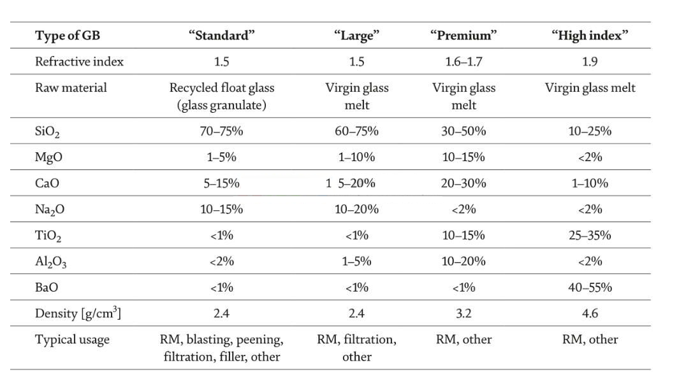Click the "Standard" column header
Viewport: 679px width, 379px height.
pyautogui.click(x=221, y=35)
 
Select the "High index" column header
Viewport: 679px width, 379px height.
pyautogui.click(x=589, y=35)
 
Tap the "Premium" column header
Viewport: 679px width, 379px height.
pyautogui.click(x=464, y=35)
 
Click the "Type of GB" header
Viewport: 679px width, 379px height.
pyautogui.click(x=68, y=36)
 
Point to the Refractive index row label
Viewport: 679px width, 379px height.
pyautogui.click(x=79, y=61)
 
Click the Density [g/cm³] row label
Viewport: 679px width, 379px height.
pyautogui.click(x=78, y=313)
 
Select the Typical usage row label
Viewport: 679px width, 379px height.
pyautogui.click(x=72, y=340)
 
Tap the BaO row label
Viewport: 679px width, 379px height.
pyautogui.click(x=47, y=287)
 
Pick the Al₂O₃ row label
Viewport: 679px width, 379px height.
pyautogui.click(x=50, y=262)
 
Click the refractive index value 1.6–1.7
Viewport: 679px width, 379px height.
pyautogui.click(x=464, y=61)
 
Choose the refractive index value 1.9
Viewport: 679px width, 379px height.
pyautogui.click(x=590, y=61)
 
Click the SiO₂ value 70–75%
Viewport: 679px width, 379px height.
pyautogui.click(x=221, y=131)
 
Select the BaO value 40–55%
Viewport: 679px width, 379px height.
pyautogui.click(x=590, y=287)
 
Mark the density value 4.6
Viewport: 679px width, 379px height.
pyautogui.click(x=590, y=313)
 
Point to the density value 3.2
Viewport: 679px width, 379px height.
pyautogui.click(x=464, y=313)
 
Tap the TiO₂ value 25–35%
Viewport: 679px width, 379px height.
pyautogui.click(x=590, y=235)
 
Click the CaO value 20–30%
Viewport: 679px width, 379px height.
pyautogui.click(x=464, y=183)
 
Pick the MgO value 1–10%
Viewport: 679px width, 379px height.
pyautogui.click(x=356, y=157)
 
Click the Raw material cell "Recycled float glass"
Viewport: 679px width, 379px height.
pyautogui.click(x=222, y=88)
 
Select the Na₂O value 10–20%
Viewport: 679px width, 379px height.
pyautogui.click(x=356, y=209)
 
